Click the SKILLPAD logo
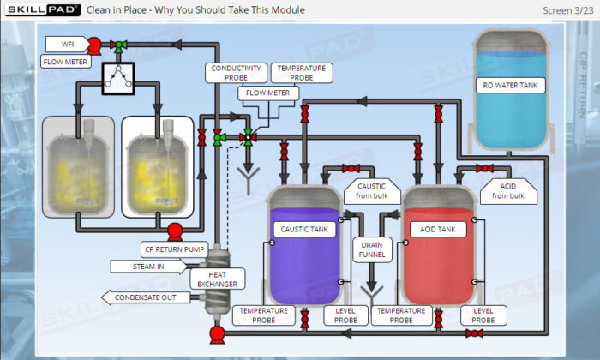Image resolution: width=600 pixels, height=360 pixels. tap(42, 9)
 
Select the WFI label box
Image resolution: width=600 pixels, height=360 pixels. tap(67, 44)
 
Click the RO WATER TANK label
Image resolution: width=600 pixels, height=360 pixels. tap(510, 85)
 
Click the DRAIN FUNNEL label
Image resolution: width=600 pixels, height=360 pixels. tap(372, 250)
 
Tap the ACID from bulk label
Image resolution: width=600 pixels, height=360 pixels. tap(507, 191)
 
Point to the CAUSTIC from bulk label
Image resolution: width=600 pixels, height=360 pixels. tap(370, 191)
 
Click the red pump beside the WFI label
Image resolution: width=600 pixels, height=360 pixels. tap(94, 44)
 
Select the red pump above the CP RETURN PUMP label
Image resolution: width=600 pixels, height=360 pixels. tap(174, 230)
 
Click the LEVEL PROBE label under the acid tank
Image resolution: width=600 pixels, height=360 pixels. tap(483, 315)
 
